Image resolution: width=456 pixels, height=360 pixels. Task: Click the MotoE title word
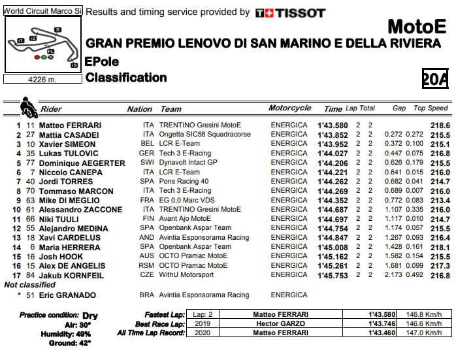tap(417, 27)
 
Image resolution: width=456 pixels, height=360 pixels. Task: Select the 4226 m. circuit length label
tap(42, 80)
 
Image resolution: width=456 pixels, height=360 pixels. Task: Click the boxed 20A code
tap(435, 79)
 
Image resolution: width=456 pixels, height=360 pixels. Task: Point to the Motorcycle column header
tap(289, 108)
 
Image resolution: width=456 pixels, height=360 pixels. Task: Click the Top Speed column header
tap(431, 108)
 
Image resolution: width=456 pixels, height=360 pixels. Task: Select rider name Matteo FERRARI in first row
tap(70, 125)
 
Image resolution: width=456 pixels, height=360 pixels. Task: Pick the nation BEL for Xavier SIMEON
tap(148, 144)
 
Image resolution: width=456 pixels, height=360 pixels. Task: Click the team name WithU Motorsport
tap(188, 276)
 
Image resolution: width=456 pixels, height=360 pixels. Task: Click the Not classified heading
tap(30, 286)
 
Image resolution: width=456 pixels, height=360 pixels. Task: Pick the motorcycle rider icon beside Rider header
tap(28, 106)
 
